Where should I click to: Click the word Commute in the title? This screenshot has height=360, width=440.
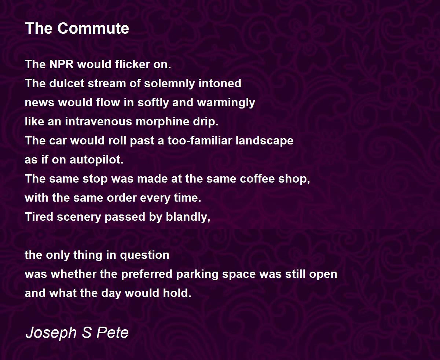[x=93, y=28]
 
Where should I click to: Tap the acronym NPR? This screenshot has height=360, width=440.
[x=61, y=64]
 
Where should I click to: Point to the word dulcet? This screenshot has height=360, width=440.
[x=67, y=83]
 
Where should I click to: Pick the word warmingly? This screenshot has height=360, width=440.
[x=226, y=103]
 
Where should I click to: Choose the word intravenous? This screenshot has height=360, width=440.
[x=99, y=121]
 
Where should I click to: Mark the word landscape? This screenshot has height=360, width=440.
[x=264, y=141]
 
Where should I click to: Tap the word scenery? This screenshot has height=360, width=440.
[x=79, y=217]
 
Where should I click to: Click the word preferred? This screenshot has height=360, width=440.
[x=147, y=275]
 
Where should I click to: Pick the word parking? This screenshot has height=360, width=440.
[x=197, y=275]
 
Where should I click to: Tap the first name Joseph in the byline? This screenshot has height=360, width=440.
[x=51, y=333]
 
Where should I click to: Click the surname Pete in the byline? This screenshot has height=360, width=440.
[x=112, y=332]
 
